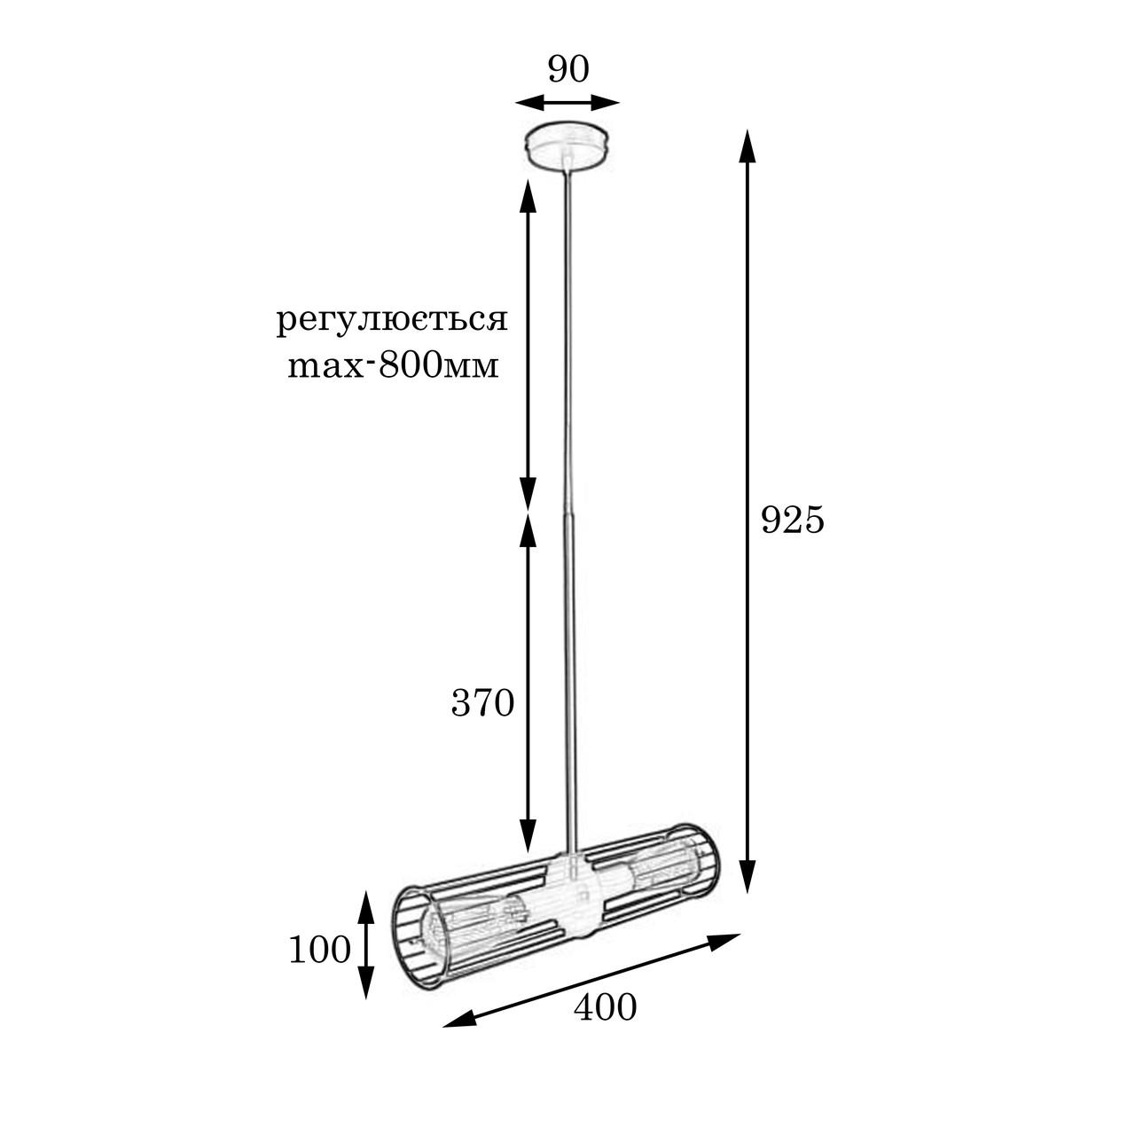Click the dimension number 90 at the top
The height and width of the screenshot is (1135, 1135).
[x=568, y=69]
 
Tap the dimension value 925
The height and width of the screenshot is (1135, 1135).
[x=793, y=521]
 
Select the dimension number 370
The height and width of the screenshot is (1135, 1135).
[x=483, y=703]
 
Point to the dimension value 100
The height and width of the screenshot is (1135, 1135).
[x=320, y=950]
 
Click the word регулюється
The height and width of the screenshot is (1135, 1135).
[x=392, y=321]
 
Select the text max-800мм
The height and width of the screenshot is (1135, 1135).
[x=394, y=365]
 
